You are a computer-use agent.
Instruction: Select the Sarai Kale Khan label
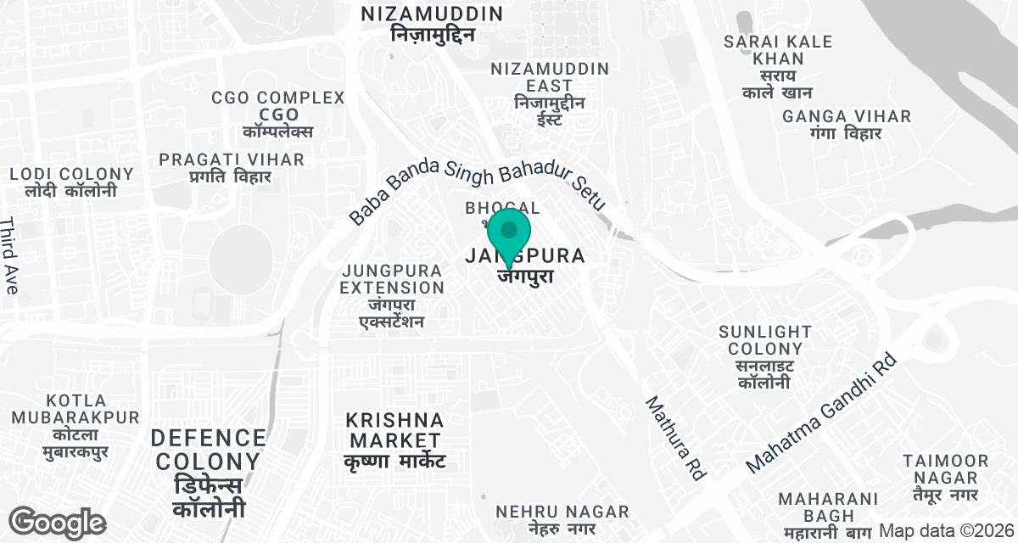pyautogui.click(x=765, y=67)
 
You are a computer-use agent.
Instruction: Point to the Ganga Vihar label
pyautogui.click(x=847, y=124)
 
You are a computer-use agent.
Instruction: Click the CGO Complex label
pyautogui.click(x=279, y=115)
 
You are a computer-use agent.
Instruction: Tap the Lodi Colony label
pyautogui.click(x=71, y=182)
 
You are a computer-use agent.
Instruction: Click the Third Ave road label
pyautogui.click(x=9, y=255)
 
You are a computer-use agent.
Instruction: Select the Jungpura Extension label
pyautogui.click(x=392, y=295)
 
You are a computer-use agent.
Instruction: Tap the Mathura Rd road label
pyautogui.click(x=676, y=439)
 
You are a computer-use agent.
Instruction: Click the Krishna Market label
pyautogui.click(x=395, y=440)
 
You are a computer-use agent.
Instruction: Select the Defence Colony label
pyautogui.click(x=209, y=473)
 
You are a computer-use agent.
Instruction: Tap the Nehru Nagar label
pyautogui.click(x=562, y=519)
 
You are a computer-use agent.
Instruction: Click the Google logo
pyautogui.click(x=58, y=523)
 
